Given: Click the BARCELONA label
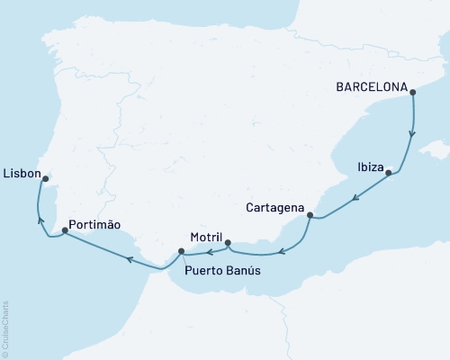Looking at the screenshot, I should tap(370, 89).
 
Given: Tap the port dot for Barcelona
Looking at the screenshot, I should tap(411, 90).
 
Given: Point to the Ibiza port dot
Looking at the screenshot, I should tap(389, 173).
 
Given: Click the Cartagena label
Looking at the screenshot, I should tap(274, 208).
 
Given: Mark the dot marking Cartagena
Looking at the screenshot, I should tap(310, 215).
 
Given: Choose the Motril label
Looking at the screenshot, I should tap(207, 238).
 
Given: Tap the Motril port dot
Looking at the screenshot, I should tap(228, 243).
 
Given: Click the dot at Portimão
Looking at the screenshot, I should tap(65, 230).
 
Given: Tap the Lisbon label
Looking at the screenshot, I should tap(21, 172).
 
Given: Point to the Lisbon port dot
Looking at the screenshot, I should tap(46, 178).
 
